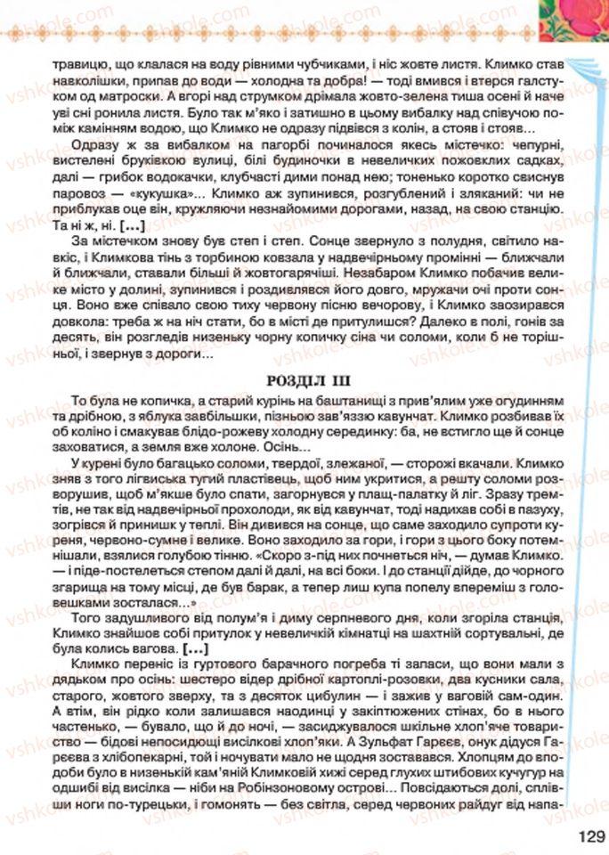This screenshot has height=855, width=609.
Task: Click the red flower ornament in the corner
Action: (570, 18)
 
